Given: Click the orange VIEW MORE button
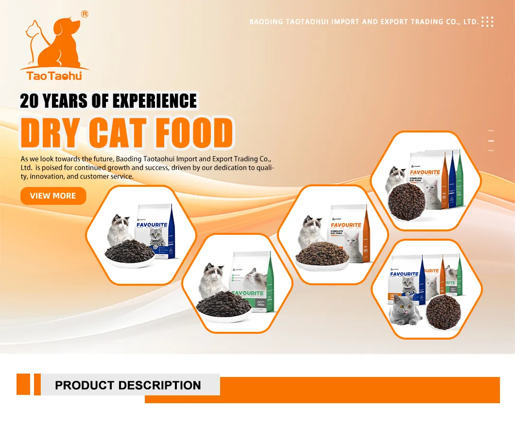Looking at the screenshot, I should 53,196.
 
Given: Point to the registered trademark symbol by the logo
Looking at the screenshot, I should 85,14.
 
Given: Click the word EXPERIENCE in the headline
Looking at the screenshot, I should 154,101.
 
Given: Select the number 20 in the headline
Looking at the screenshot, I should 30,101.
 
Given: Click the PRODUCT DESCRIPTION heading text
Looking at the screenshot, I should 128,386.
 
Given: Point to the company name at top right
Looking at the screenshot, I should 363,22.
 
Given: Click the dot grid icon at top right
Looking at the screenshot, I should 487,21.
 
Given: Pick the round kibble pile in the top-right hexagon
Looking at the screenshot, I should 407,201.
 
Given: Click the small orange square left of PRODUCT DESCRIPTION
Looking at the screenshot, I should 23,384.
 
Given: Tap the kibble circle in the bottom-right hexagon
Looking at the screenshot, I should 443,311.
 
